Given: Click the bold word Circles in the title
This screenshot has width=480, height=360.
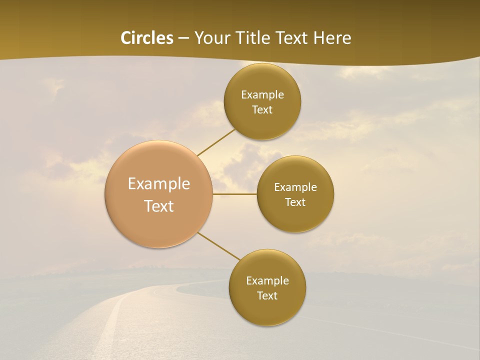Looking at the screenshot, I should coord(147,38).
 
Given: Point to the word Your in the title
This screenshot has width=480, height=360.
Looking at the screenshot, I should coord(210,38).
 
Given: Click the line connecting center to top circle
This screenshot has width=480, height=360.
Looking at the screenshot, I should coord(216,142).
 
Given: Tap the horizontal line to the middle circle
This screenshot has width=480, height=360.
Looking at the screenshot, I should coord(235,194).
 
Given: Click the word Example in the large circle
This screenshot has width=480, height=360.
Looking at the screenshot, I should coord(159,184).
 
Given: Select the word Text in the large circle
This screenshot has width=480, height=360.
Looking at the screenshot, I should coord(159,206).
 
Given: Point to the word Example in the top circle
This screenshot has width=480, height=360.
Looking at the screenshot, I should coord(262,95).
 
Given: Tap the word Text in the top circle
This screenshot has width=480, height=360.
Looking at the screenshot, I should coord(262,110).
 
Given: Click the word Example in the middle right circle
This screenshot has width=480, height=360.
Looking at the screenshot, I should coord(295,187).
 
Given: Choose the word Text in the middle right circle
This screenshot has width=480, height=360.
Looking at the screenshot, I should coord(295,202).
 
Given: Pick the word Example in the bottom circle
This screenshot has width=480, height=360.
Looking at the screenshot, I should coord(267,281).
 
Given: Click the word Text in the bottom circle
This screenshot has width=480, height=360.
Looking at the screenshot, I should coord(267,296).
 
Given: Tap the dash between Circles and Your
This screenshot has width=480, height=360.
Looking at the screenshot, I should coord(183,38).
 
